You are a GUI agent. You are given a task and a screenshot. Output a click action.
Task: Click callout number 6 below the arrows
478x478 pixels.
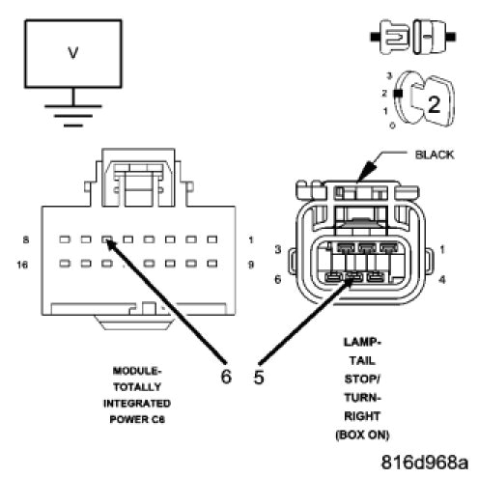[x=226, y=377]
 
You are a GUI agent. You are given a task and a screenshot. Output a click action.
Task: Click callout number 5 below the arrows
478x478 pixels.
[x=259, y=377]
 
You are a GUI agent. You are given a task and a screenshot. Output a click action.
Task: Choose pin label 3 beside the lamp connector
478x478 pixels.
[x=278, y=250]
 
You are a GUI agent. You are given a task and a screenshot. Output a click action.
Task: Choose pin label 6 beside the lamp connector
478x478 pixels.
[x=278, y=279]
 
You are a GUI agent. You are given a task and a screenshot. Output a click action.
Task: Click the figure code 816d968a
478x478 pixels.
[x=424, y=462]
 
